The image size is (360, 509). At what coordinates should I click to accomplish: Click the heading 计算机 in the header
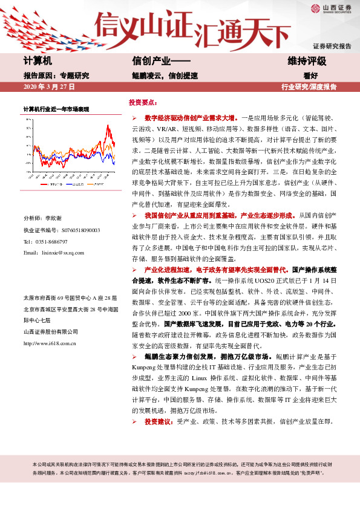(38, 62)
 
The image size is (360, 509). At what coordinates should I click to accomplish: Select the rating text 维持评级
(307, 62)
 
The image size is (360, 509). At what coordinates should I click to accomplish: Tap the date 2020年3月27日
(48, 87)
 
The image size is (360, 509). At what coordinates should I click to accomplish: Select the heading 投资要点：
(144, 103)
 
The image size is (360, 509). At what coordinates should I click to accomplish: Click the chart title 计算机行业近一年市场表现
(56, 110)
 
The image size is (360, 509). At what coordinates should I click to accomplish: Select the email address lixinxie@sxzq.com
(67, 252)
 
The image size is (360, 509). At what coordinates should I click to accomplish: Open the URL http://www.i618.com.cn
(49, 343)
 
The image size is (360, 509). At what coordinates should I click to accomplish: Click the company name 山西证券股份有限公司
(51, 331)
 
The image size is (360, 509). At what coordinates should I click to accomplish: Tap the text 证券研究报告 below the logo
(332, 46)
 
